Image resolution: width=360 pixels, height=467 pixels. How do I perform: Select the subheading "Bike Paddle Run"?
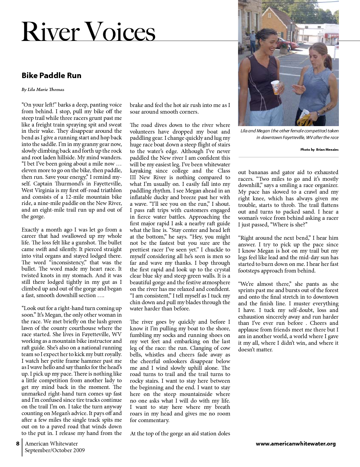coord(51,75)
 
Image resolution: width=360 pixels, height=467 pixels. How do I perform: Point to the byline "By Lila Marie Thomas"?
coord(43,89)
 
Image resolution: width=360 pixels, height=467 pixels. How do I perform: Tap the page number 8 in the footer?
coord(18,444)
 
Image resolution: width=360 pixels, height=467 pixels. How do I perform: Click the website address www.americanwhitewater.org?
coord(296,444)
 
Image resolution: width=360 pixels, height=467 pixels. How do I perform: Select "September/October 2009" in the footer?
coord(55,450)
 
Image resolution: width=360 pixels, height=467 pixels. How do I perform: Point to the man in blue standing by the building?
coord(253,41)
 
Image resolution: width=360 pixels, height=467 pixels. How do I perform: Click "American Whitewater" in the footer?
coord(51,444)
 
